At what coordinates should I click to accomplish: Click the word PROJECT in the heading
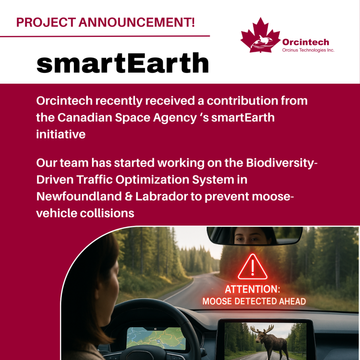pyautogui.click(x=46, y=22)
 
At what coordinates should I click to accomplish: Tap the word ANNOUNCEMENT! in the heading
pyautogui.click(x=137, y=22)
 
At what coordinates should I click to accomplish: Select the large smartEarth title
pyautogui.click(x=123, y=63)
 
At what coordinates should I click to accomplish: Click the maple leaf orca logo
pyautogui.click(x=261, y=35)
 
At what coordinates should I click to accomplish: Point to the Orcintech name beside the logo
pyautogui.click(x=306, y=42)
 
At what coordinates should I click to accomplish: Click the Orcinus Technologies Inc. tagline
pyautogui.click(x=308, y=50)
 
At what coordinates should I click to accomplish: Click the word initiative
pyautogui.click(x=61, y=134)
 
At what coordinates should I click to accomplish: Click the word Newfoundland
pyautogui.click(x=79, y=196)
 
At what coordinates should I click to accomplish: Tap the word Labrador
pyautogui.click(x=162, y=196)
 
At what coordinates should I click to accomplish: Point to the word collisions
pyautogui.click(x=107, y=213)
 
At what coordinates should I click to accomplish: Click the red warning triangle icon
pyautogui.click(x=252, y=267)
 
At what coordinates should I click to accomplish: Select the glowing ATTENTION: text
pyautogui.click(x=252, y=289)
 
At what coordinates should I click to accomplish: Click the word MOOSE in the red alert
pyautogui.click(x=217, y=301)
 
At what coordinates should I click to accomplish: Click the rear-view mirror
pyautogui.click(x=255, y=236)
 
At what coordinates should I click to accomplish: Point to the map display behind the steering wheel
pyautogui.click(x=156, y=338)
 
